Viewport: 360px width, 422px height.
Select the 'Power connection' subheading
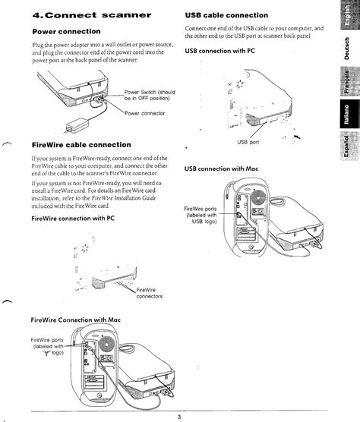tap(67, 32)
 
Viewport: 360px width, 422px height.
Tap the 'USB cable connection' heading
tap(226, 14)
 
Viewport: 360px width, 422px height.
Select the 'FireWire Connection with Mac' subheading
tap(75, 320)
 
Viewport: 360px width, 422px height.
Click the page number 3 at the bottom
tap(179, 416)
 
